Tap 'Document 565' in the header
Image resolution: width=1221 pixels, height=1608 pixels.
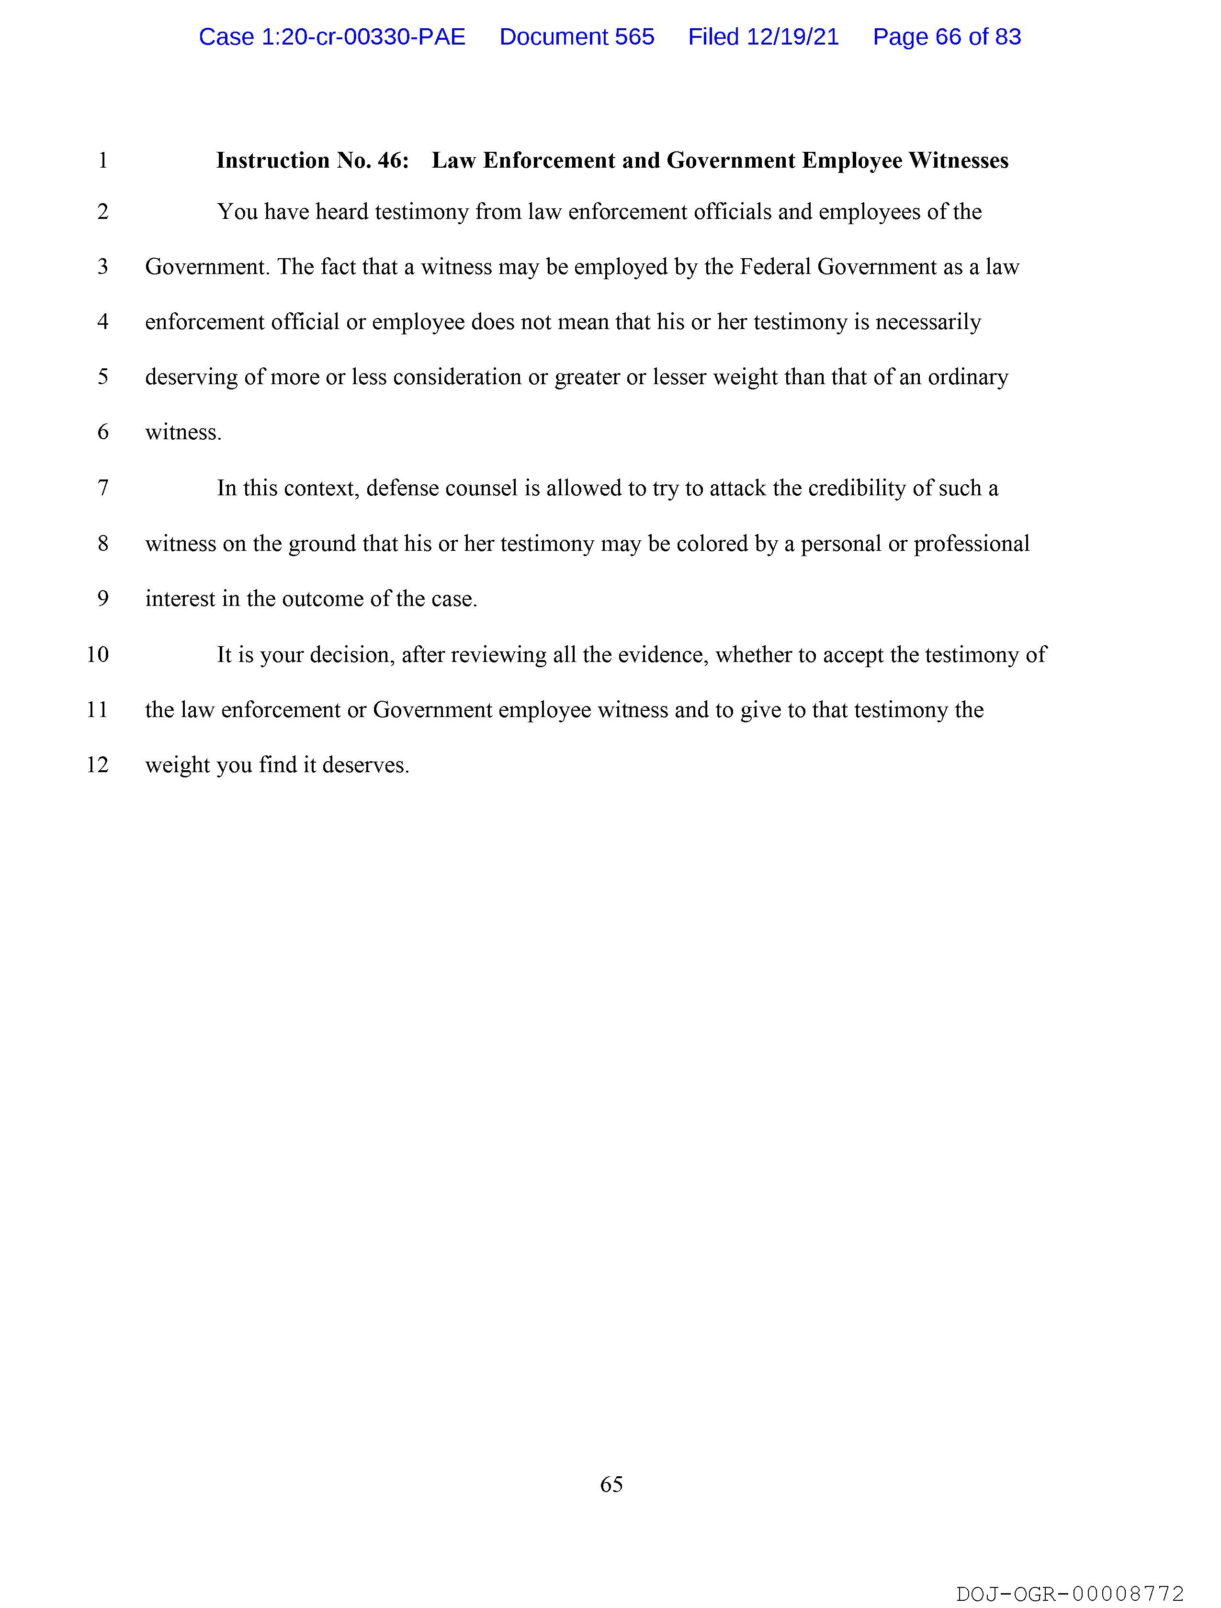point(577,37)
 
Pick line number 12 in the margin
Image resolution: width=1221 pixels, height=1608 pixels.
point(97,765)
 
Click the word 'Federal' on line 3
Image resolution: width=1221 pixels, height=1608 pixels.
point(775,267)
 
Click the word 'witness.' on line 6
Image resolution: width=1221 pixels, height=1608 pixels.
point(183,433)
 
